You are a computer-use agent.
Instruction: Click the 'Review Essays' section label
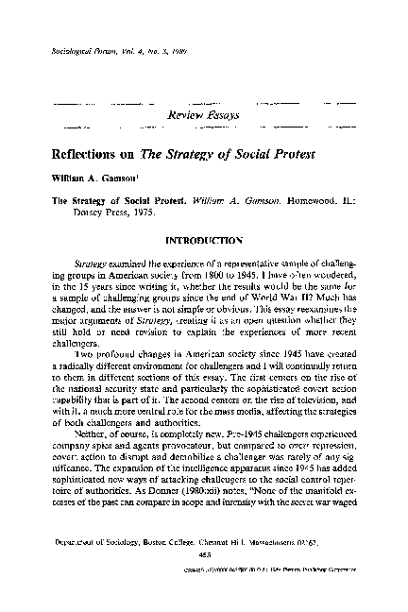coord(203,114)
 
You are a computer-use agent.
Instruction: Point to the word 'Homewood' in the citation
coord(288,200)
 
